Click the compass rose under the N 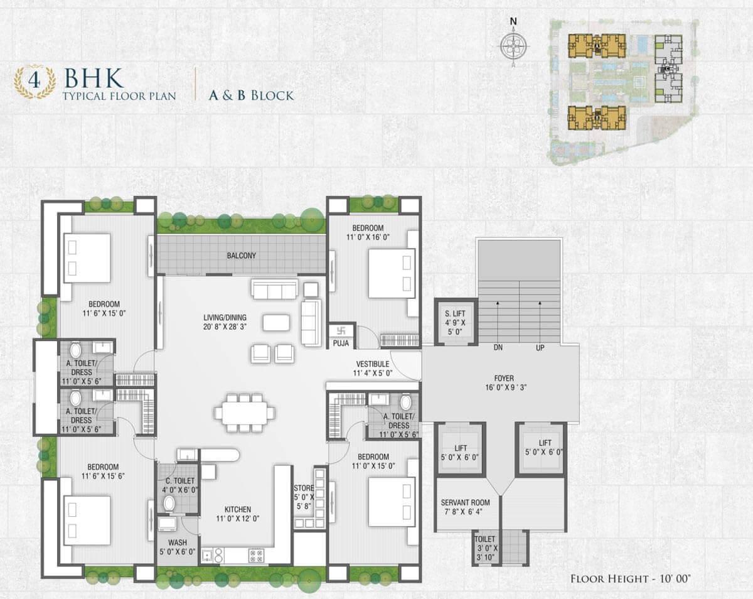[x=513, y=46]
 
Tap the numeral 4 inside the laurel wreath [x=35, y=80]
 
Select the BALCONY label [x=242, y=256]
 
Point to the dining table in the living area [x=245, y=413]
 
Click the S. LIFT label [x=455, y=314]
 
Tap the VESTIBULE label [x=373, y=364]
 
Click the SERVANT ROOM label [x=465, y=503]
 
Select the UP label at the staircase [x=540, y=348]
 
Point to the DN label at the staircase [x=498, y=348]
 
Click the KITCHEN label [x=238, y=510]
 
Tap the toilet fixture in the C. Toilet [x=169, y=504]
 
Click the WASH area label [x=178, y=542]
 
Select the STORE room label [x=304, y=488]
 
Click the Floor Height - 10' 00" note [x=631, y=578]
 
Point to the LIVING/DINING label [x=225, y=318]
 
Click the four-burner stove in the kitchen [x=256, y=556]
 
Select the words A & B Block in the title [x=251, y=95]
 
